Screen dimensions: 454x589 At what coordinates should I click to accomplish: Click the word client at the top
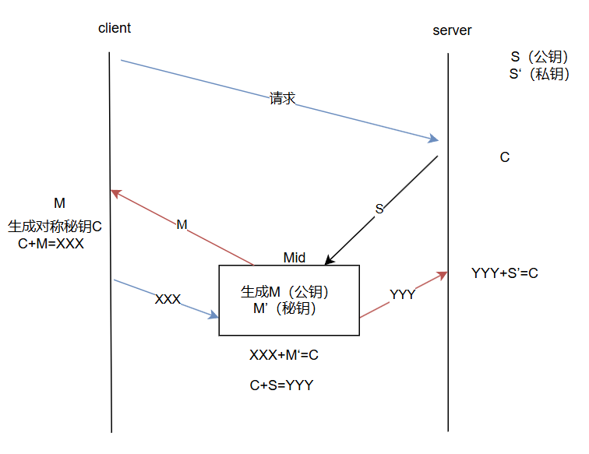115,28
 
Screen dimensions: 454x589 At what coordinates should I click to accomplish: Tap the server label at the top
452,30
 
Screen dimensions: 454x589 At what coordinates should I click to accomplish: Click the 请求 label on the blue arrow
282,99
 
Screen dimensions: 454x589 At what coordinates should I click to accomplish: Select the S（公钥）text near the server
539,58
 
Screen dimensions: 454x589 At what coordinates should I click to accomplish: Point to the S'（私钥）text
539,74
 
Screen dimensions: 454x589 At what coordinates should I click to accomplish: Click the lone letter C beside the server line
505,157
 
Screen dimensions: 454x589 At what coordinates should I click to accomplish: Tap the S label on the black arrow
379,209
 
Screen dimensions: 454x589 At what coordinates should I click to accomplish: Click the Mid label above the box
294,258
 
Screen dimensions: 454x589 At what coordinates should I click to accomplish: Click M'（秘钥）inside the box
284,308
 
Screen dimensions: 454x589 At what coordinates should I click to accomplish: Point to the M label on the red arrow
182,225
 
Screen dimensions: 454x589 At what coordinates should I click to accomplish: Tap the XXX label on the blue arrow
168,299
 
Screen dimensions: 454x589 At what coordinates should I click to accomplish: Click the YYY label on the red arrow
402,294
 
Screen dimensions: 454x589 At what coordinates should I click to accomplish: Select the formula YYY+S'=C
505,273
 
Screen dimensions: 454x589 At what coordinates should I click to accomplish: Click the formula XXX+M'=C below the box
284,355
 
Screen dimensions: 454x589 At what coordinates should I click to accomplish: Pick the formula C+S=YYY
281,385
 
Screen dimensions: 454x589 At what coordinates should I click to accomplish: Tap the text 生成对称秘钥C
55,227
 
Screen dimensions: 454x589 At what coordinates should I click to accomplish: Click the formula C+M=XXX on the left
51,243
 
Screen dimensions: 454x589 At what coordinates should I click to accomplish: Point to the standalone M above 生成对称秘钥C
59,203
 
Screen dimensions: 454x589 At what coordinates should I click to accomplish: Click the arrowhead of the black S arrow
328,262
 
